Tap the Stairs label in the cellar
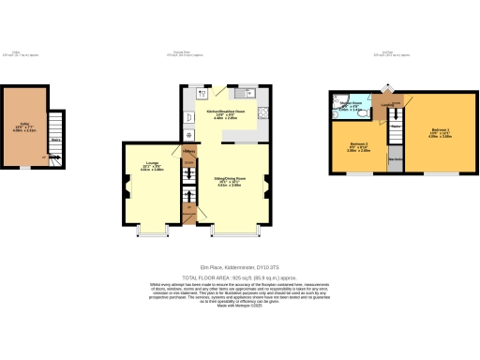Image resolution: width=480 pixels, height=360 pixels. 56,140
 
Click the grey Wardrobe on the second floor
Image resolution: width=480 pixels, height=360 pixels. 397,159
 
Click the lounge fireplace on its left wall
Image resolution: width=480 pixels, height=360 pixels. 123,185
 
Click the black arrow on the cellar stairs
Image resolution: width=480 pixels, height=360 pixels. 56,129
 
